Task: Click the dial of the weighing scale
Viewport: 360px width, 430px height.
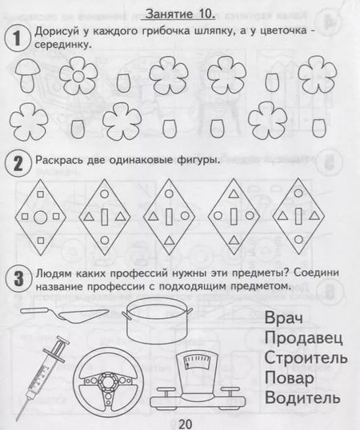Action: pos(197,363)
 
